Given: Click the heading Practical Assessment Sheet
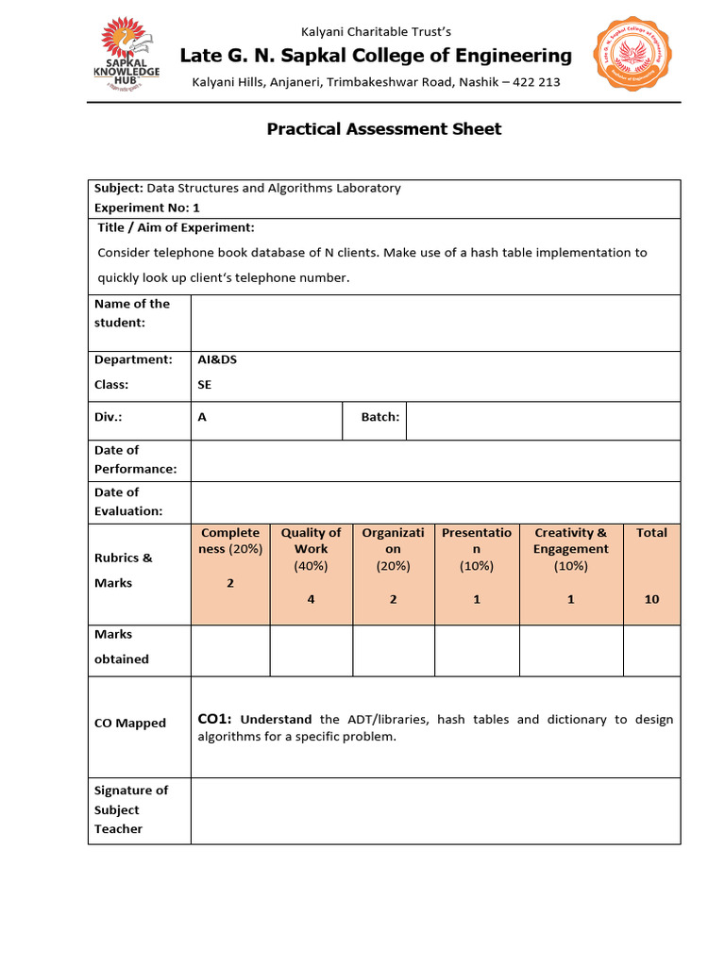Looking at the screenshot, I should (x=384, y=129).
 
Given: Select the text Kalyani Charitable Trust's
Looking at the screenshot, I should (x=376, y=31).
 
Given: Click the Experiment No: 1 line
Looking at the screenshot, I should (x=147, y=208).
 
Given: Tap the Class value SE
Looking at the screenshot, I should (x=205, y=385).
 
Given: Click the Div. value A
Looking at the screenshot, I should (x=202, y=417).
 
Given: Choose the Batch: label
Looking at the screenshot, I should (x=380, y=417).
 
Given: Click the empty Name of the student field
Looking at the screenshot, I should (x=434, y=323).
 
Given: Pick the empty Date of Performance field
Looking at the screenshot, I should (x=434, y=460).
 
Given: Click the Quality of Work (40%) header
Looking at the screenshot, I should (x=311, y=549).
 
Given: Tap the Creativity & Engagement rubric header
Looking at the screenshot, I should (x=570, y=549).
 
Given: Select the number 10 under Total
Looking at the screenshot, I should (x=651, y=599).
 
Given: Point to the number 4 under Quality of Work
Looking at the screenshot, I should (x=311, y=599).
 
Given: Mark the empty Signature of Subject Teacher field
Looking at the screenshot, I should (x=434, y=810).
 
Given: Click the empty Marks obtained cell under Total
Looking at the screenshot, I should (x=651, y=651).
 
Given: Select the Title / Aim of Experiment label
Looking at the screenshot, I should (x=176, y=228).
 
